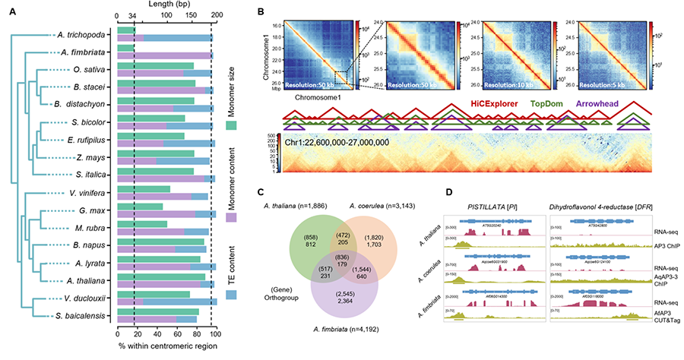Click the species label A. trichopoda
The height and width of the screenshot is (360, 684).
(84, 36)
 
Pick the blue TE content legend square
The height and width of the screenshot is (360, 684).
(231, 294)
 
